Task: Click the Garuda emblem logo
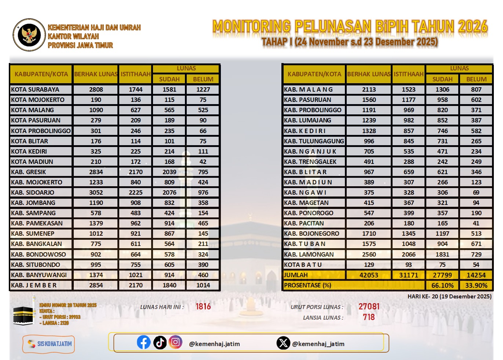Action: coord(29,35)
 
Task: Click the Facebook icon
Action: coord(143,342)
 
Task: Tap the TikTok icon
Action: coord(160,342)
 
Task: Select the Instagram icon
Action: coord(175,342)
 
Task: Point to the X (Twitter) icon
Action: coord(283,343)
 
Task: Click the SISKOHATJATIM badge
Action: coord(49,344)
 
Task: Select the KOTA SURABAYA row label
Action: coord(35,89)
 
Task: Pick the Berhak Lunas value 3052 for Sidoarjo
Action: coord(96,192)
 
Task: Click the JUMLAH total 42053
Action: coord(369,275)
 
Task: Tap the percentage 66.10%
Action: coord(442,285)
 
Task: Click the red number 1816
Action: coord(203,306)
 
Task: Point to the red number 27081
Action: coord(369,306)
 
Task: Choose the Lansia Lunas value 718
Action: coord(369,317)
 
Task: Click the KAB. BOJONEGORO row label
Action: coord(311,234)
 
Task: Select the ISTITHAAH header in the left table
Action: coord(135,74)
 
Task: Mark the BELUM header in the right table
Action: coord(476,79)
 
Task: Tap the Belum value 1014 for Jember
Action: coord(203,285)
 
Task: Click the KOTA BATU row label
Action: coord(303,265)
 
